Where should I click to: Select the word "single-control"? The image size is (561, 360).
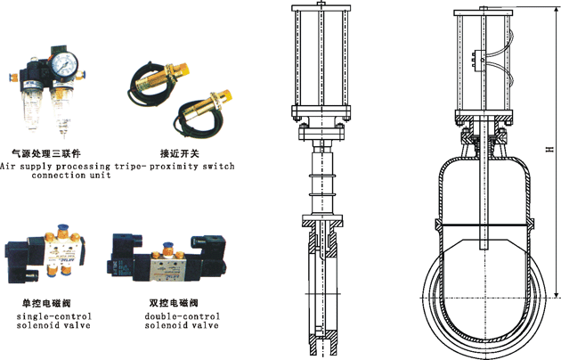53,315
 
